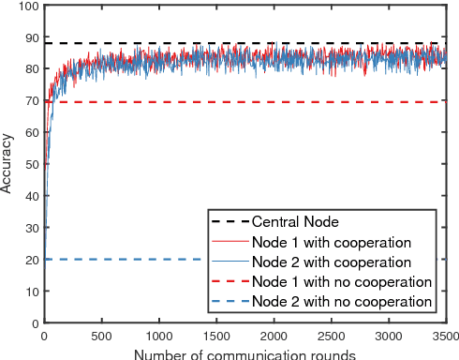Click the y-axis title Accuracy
[x=7, y=165]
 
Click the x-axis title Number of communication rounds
[x=244, y=354]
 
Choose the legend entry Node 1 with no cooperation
[x=341, y=281]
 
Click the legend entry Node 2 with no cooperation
[x=341, y=301]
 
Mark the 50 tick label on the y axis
[x=33, y=164]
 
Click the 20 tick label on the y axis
[x=33, y=260]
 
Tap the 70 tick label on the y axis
[x=33, y=101]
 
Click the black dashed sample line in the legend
[x=229, y=222]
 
